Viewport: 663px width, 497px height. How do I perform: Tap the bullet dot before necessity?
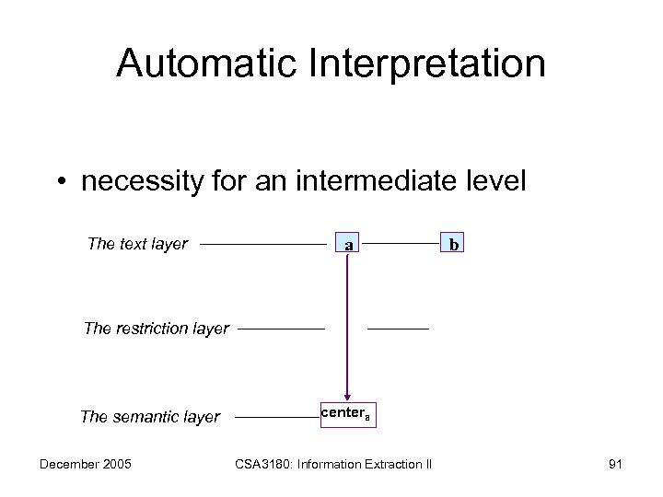tap(62, 181)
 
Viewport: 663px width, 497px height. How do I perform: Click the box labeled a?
tap(347, 245)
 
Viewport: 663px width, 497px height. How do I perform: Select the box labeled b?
tap(454, 245)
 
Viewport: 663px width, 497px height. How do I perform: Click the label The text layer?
tap(137, 244)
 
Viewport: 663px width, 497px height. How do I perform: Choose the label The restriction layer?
tap(156, 329)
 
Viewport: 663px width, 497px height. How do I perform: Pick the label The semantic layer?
tap(150, 417)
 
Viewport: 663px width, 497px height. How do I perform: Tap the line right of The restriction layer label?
tap(281, 328)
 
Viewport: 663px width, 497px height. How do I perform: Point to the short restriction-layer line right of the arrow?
tap(398, 328)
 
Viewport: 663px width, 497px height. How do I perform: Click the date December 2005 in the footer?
tap(86, 463)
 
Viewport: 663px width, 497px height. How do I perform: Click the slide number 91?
tap(615, 463)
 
